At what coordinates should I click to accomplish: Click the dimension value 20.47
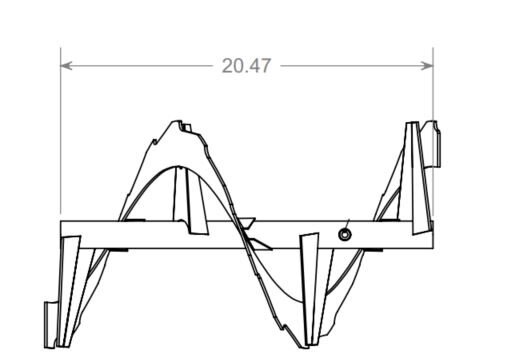[246, 66]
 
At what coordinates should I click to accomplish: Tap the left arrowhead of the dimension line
[66, 66]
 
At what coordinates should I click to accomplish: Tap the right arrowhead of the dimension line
[427, 66]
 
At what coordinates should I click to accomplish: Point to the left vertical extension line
[61, 131]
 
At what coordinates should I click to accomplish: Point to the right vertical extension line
[433, 133]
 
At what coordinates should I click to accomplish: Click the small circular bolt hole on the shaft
[345, 234]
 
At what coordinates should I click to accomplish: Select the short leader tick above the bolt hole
[348, 223]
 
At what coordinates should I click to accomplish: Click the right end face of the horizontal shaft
[433, 235]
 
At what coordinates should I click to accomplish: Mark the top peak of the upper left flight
[176, 121]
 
